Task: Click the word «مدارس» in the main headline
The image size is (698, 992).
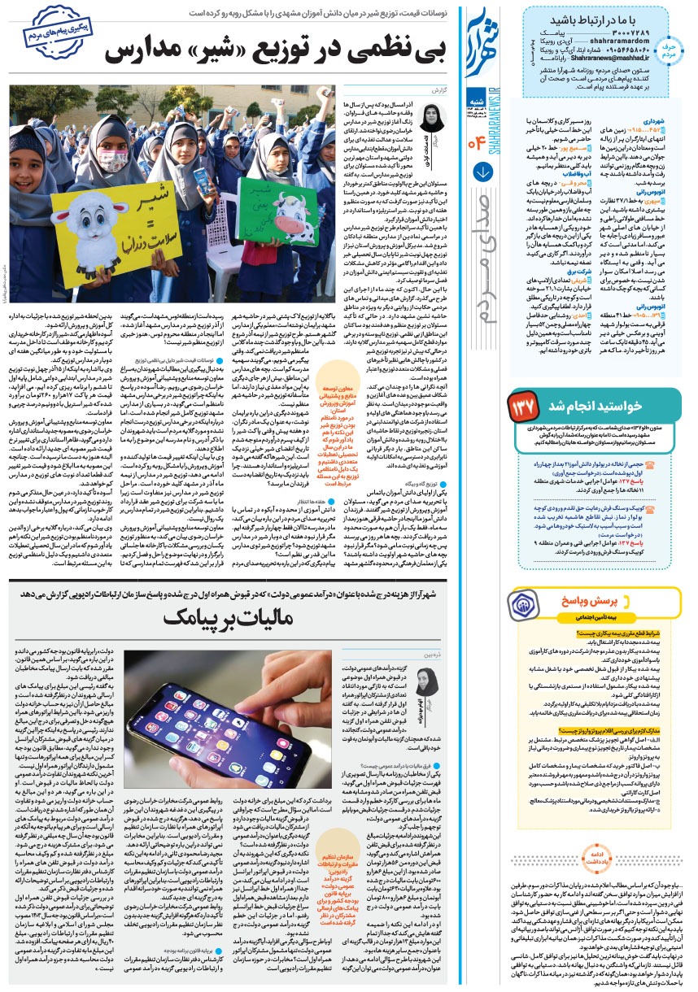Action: tap(146, 51)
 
